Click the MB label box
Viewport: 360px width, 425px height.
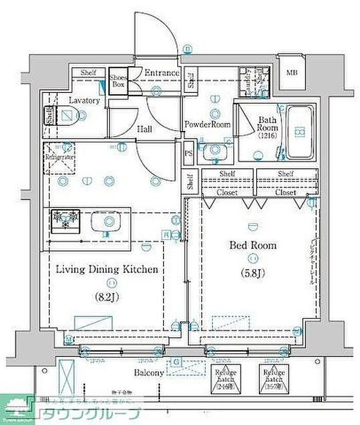tap(292, 72)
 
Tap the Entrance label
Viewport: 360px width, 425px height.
tap(161, 73)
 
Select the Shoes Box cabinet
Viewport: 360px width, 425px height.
tap(118, 81)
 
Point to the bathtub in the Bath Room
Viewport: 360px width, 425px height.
tap(299, 132)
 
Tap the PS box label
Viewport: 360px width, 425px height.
tap(188, 153)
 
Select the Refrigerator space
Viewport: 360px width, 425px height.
tap(60, 157)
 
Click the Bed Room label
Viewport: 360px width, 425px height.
tap(253, 246)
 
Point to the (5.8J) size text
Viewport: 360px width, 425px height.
tap(253, 273)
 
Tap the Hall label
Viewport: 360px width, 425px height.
tap(144, 130)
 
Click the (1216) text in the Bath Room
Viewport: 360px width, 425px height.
tap(267, 136)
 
